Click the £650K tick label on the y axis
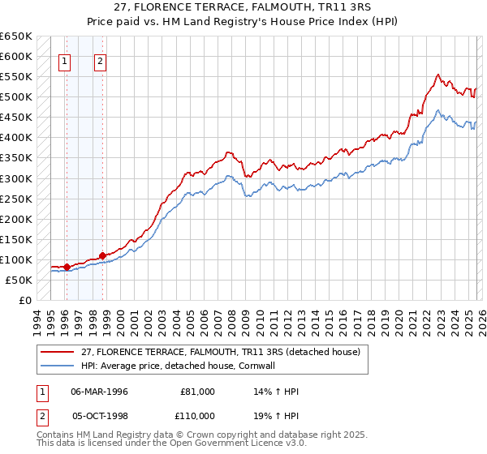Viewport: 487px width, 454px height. tap(15, 36)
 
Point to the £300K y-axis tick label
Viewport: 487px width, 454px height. tap(15, 178)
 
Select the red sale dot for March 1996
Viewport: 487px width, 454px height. tap(67, 267)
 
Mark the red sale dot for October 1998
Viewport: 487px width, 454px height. tap(102, 255)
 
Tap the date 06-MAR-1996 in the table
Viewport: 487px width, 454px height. tap(99, 392)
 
